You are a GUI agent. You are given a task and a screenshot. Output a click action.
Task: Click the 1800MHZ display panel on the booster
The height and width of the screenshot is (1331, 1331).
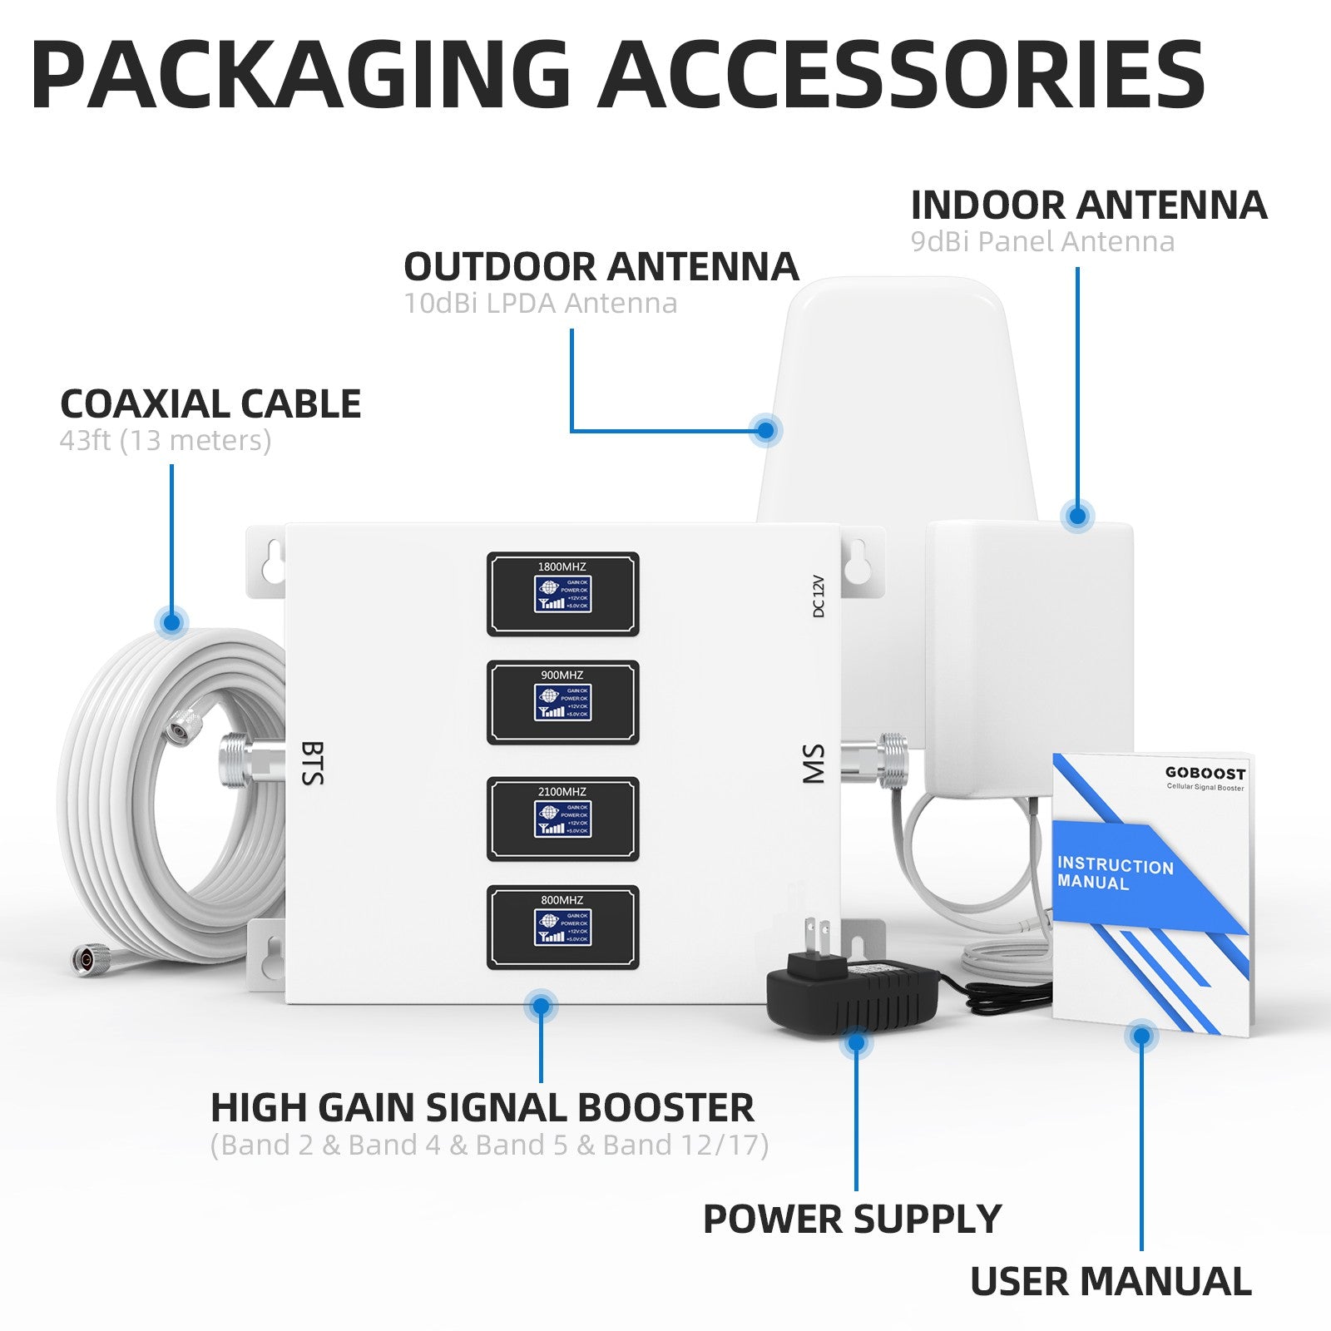(562, 594)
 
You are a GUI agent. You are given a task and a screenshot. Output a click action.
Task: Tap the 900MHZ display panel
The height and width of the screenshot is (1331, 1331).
(562, 702)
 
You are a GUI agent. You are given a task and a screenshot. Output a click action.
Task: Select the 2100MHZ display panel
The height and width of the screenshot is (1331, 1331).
(562, 819)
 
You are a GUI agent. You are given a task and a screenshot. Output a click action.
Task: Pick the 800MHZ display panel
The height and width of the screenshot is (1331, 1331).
(562, 927)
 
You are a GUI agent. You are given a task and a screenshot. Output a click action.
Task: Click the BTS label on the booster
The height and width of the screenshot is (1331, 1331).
(312, 763)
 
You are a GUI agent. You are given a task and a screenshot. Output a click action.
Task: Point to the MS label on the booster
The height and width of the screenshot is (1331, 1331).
(813, 764)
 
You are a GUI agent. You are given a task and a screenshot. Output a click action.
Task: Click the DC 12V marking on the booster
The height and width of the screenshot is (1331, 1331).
(818, 596)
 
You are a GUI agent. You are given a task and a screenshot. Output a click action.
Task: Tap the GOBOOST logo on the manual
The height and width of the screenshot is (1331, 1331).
(1205, 773)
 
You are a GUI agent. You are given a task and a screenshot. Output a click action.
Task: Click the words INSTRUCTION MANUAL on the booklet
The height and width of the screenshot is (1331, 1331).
(1114, 873)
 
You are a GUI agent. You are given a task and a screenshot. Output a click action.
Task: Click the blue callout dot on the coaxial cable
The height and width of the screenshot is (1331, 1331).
(172, 621)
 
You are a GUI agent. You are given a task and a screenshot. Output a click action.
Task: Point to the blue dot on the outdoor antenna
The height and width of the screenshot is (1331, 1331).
(765, 430)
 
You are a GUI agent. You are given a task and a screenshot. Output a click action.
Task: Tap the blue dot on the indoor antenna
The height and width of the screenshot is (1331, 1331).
(1078, 516)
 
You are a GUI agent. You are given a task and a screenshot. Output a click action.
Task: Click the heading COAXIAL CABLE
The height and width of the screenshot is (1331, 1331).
(210, 404)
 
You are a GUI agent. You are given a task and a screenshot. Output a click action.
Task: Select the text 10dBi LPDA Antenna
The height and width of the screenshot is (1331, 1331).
(540, 304)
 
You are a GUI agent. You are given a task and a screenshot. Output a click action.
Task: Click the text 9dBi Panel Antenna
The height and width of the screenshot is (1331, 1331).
(1042, 242)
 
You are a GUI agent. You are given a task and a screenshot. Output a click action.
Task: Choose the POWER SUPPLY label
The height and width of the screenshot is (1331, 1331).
(852, 1220)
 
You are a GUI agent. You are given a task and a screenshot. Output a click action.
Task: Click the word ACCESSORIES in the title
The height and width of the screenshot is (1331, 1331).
(901, 75)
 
